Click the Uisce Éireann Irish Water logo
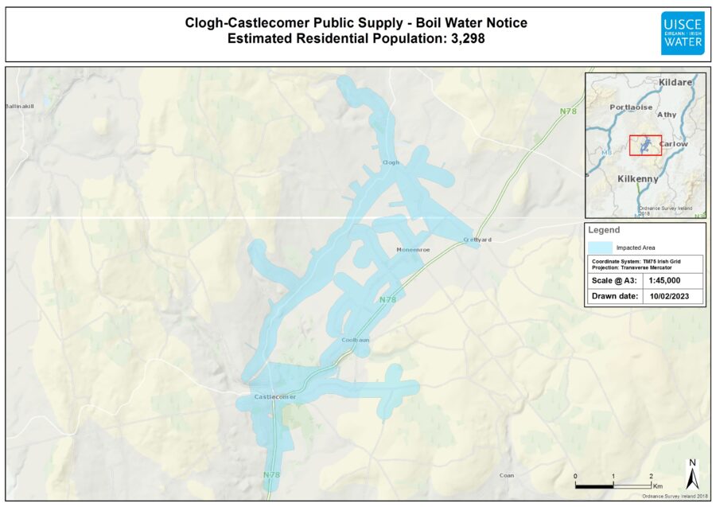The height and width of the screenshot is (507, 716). click(x=682, y=33)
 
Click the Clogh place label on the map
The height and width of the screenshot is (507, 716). click(x=391, y=162)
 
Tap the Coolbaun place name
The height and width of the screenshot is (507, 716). click(x=356, y=340)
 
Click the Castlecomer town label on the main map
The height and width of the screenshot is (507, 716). click(x=274, y=396)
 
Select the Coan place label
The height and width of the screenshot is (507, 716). click(x=507, y=475)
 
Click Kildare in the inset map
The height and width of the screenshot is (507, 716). click(x=676, y=83)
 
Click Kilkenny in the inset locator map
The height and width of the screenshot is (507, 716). click(x=638, y=179)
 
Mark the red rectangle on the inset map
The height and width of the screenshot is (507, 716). click(x=645, y=145)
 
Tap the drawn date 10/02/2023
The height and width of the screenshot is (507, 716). click(x=673, y=297)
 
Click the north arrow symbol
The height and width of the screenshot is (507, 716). click(x=692, y=474)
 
